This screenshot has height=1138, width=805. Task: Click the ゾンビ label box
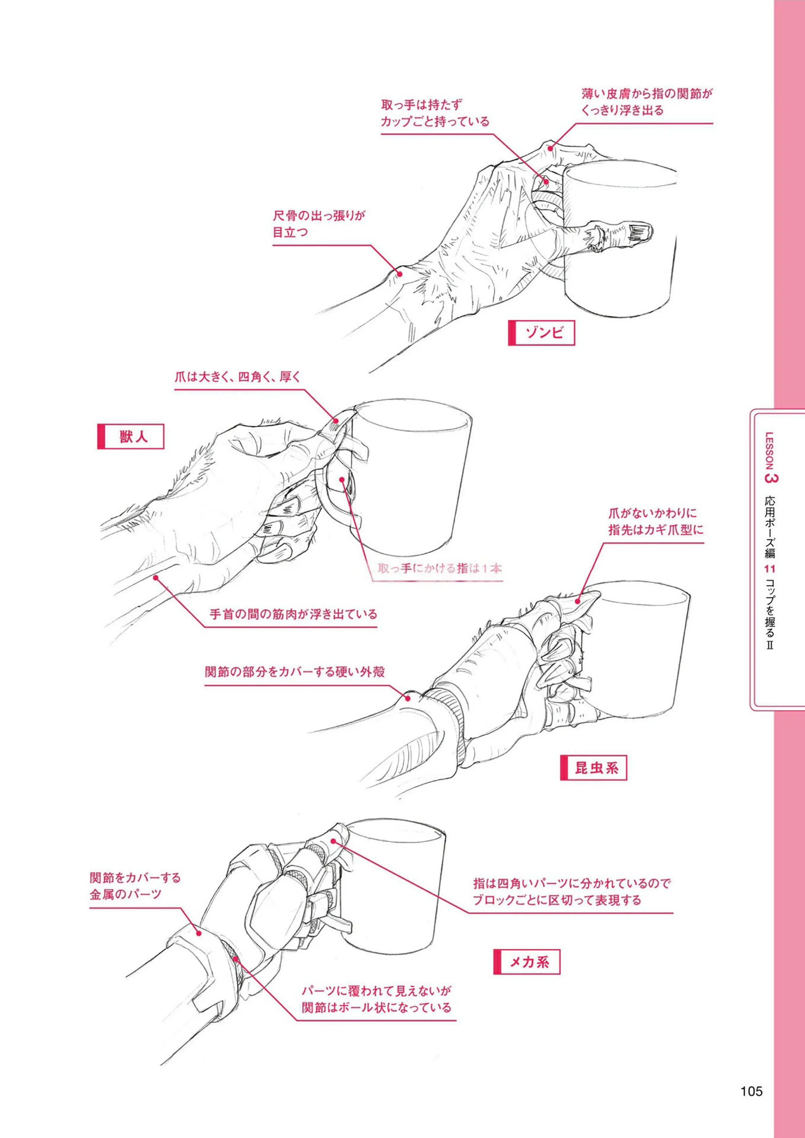point(541,332)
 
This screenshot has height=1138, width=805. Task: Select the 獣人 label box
point(130,437)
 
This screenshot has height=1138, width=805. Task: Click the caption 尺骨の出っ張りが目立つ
point(319,224)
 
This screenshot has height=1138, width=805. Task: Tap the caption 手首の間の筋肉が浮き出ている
point(294,614)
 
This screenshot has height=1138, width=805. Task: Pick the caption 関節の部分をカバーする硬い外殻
point(295,672)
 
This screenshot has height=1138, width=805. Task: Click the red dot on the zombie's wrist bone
point(398,272)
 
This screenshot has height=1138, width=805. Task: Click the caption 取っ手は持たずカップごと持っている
point(435,113)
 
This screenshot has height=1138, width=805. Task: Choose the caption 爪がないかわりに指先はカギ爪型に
point(656,521)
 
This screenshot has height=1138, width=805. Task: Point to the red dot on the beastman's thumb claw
point(336,421)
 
